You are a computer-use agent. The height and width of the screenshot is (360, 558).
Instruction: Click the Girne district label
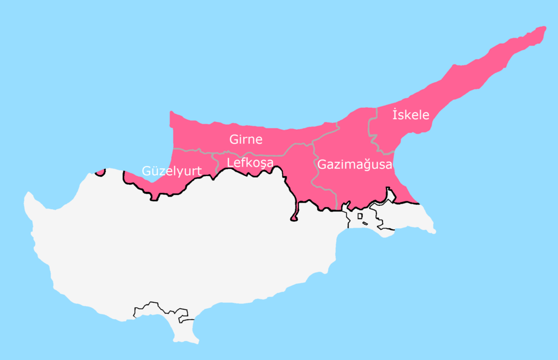click(246, 139)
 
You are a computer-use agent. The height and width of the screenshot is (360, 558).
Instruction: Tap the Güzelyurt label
click(172, 170)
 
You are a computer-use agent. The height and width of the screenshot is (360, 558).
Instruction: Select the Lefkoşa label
click(250, 162)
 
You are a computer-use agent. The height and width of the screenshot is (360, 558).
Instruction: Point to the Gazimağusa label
click(355, 164)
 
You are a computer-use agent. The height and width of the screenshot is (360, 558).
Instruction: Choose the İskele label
click(411, 115)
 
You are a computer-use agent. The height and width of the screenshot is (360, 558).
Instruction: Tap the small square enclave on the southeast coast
click(360, 216)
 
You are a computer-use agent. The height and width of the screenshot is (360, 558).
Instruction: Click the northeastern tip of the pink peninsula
click(542, 29)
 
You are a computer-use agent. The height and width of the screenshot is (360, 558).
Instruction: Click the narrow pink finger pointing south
click(295, 216)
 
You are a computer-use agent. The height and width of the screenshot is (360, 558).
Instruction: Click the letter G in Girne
click(234, 139)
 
